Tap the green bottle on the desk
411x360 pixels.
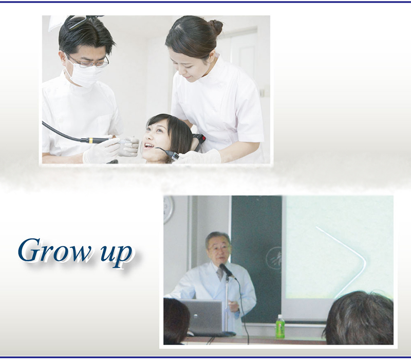click(x=280, y=327)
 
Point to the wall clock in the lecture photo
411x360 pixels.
click(x=168, y=209)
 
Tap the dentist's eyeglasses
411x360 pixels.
click(x=89, y=62)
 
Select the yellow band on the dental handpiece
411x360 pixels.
click(x=91, y=140)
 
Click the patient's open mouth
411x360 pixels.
click(x=148, y=146)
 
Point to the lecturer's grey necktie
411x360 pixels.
click(x=220, y=273)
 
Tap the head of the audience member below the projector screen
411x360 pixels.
click(x=359, y=318)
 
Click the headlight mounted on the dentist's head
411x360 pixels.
click(x=76, y=22)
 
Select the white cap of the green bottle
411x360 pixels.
click(x=280, y=316)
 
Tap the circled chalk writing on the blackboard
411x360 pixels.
click(x=274, y=259)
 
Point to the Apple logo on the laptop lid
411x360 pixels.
click(x=195, y=316)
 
